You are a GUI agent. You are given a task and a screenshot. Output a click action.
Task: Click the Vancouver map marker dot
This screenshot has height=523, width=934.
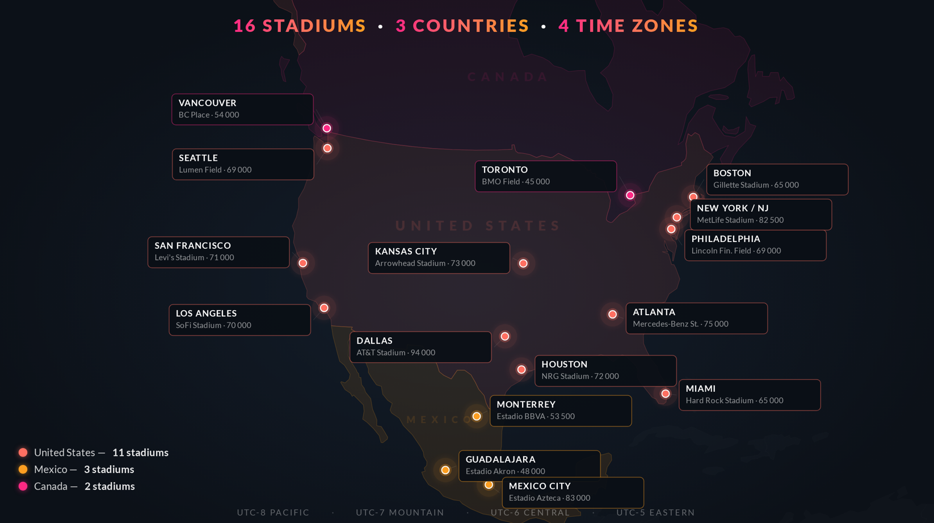point(327,128)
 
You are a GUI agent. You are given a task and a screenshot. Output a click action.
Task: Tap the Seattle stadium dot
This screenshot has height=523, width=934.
point(327,148)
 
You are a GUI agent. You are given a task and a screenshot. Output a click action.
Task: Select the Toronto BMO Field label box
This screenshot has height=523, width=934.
point(545,176)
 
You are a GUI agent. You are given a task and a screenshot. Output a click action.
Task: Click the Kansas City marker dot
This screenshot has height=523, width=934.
point(523,263)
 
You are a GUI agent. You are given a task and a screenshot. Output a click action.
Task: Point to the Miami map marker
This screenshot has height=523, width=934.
point(666,394)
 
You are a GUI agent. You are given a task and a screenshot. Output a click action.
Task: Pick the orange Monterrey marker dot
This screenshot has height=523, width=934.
point(477,416)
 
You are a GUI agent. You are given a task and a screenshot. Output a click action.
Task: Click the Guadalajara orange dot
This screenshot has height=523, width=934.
point(445,470)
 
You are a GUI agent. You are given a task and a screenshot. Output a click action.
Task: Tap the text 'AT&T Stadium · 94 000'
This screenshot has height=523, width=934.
point(396,353)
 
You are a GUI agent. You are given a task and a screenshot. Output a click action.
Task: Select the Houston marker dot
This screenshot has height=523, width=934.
point(521,370)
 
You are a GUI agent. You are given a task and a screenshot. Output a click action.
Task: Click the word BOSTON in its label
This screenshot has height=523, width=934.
point(732,173)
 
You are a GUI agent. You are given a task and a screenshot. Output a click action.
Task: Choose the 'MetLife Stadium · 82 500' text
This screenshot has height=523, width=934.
point(740,220)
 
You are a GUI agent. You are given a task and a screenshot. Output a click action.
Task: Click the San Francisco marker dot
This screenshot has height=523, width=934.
point(303,263)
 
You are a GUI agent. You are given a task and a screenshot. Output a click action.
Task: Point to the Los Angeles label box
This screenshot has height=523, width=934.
point(239,320)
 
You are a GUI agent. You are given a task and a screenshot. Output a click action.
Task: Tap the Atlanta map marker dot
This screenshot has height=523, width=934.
point(612,314)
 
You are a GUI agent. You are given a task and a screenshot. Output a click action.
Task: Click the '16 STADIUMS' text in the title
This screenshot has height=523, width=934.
point(300,26)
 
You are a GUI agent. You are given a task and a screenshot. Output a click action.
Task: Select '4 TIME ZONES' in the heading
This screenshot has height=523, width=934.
point(628,26)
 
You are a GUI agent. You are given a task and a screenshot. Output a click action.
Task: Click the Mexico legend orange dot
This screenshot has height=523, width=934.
point(23,470)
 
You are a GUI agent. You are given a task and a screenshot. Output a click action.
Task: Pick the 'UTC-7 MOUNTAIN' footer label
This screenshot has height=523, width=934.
point(400,512)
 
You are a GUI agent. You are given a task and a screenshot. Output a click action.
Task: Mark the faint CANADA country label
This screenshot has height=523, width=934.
point(508,77)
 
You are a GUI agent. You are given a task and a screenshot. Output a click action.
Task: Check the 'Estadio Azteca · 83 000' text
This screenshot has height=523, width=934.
point(549,498)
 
